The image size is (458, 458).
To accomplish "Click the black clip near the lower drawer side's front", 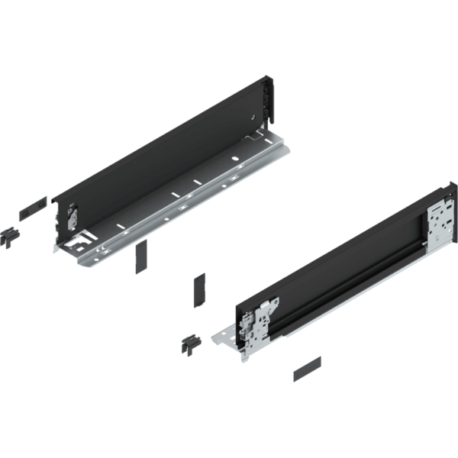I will pyautogui.click(x=190, y=343).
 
